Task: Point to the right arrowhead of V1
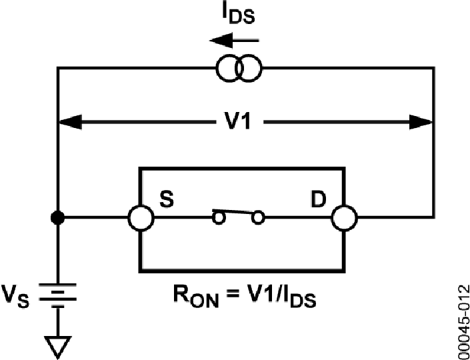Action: tap(421, 122)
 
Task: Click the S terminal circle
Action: tap(140, 217)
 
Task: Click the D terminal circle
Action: tap(345, 217)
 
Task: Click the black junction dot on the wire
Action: tap(58, 217)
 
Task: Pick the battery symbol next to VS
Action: tap(58, 293)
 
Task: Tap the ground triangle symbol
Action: tap(58, 344)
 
